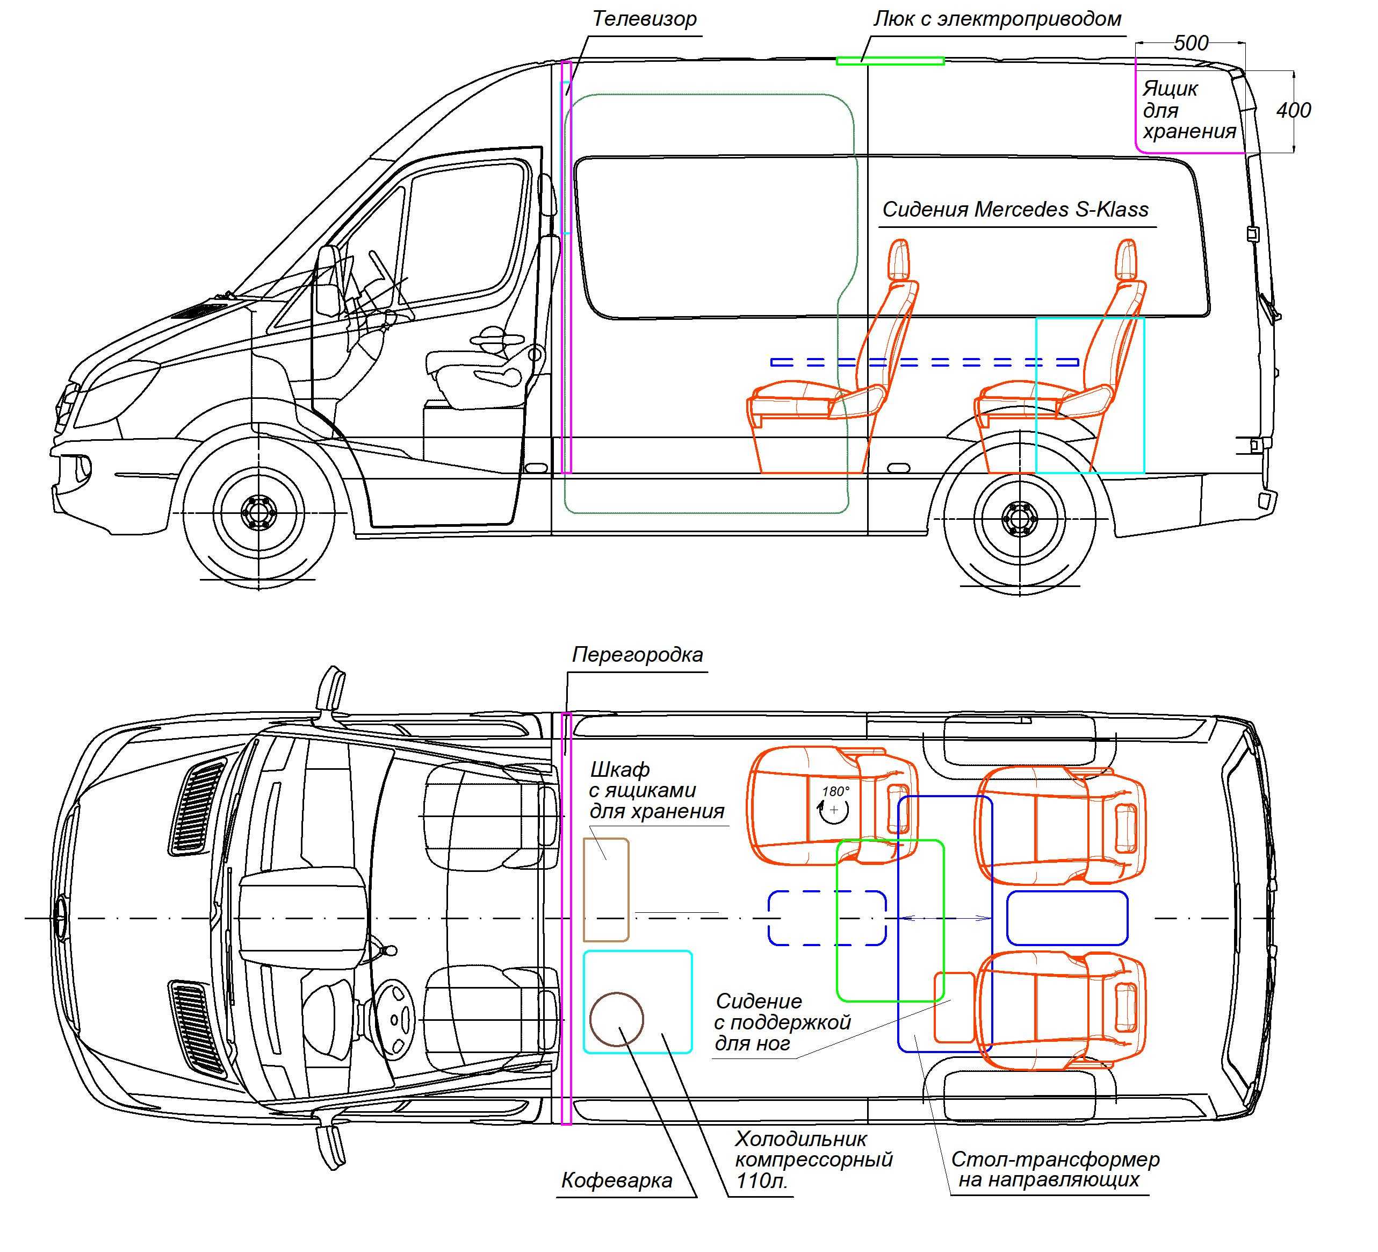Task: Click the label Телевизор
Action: [x=644, y=19]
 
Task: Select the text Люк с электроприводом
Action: [x=997, y=19]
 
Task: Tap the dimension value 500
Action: [x=1191, y=43]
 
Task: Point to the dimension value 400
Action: [x=1293, y=110]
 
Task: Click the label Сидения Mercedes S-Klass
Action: [x=1015, y=209]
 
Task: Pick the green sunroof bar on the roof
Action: [x=890, y=61]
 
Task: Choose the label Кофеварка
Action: [x=617, y=1180]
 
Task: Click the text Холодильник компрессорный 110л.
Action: [x=813, y=1159]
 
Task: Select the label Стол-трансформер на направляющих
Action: [x=1055, y=1169]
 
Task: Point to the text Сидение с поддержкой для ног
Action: [x=782, y=1022]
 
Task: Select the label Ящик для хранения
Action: [x=1189, y=110]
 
